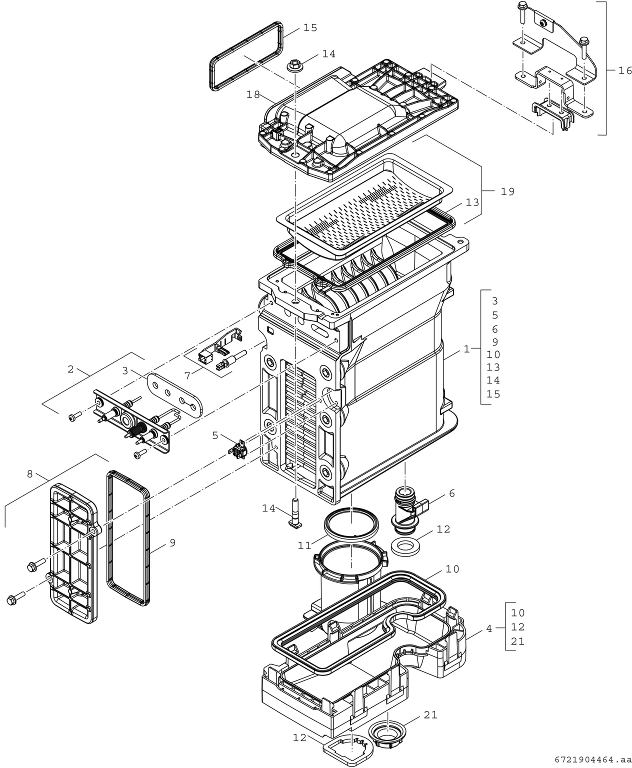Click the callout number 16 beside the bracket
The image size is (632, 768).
[625, 70]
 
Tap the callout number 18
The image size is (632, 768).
[253, 94]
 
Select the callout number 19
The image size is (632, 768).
[507, 191]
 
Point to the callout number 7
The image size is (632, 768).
[187, 374]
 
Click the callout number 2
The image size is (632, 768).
[70, 369]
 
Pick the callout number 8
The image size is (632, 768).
[30, 473]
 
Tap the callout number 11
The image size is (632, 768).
[304, 545]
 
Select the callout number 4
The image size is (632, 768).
[489, 628]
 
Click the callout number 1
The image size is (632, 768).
[466, 349]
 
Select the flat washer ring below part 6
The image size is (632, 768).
[405, 547]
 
